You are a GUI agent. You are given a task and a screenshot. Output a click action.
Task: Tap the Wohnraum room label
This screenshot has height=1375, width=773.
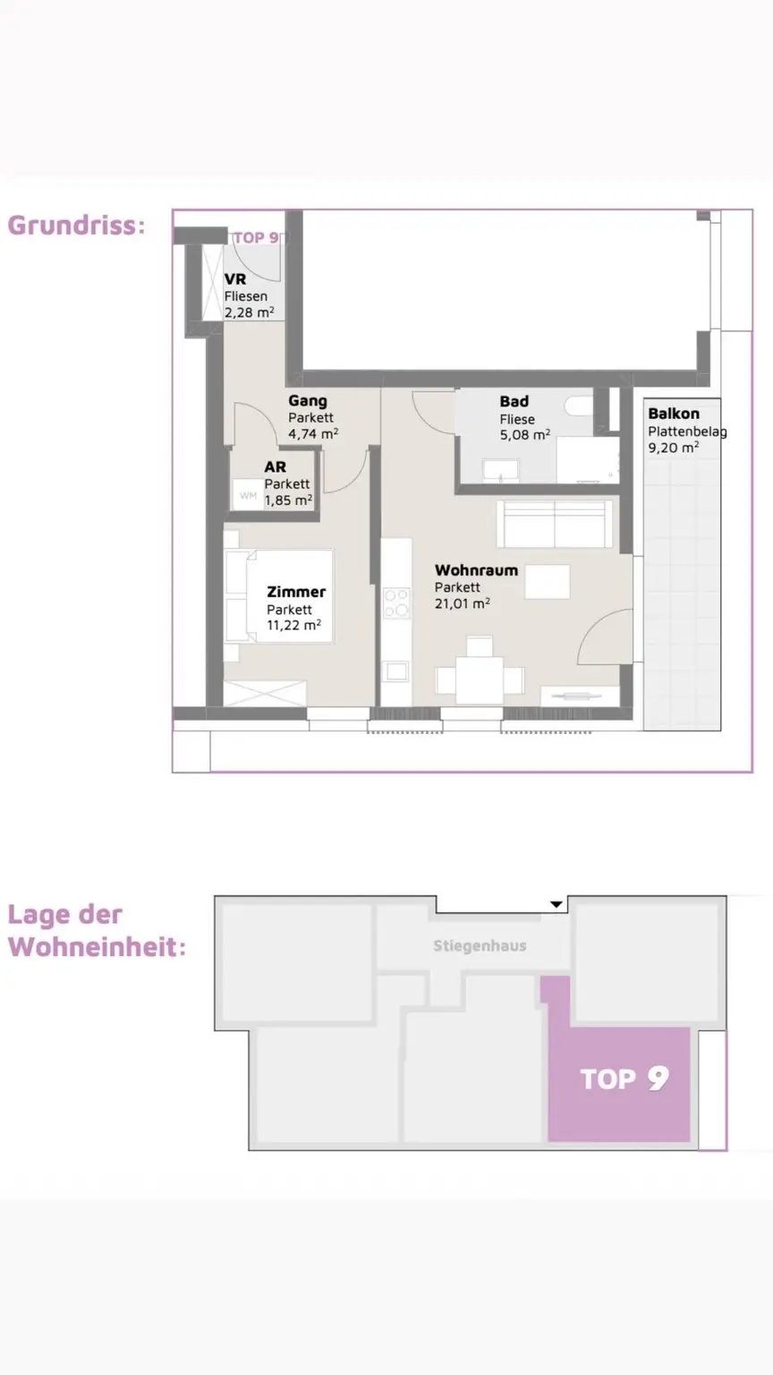pos(476,570)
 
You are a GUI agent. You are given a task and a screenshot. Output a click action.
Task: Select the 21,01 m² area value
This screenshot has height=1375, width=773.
pos(462,603)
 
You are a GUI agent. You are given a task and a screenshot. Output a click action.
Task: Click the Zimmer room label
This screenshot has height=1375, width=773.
pos(296,592)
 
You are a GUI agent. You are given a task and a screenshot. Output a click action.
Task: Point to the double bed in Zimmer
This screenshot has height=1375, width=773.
pos(280,595)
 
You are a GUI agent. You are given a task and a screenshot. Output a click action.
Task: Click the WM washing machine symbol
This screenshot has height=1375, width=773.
pos(248,495)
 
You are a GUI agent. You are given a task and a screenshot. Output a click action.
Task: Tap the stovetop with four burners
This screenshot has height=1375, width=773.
pos(396,602)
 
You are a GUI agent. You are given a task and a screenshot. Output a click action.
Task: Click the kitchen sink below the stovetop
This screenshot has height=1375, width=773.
pos(396,670)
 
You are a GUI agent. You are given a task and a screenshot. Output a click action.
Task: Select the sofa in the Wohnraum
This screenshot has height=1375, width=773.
pos(555,524)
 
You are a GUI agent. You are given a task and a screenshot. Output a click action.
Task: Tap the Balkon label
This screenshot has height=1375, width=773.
pos(674,414)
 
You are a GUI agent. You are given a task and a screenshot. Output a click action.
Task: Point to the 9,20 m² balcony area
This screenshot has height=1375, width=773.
pos(674,448)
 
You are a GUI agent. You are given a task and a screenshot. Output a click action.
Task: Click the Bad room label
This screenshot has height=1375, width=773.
pos(514,401)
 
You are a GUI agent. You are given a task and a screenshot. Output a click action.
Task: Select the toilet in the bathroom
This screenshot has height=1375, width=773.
pos(580,406)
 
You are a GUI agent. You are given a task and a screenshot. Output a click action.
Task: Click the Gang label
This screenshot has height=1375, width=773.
pos(308,401)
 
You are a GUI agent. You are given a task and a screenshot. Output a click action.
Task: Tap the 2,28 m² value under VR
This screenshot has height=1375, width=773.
pos(249,312)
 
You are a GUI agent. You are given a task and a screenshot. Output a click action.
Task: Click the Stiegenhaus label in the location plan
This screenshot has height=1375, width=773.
pos(480,946)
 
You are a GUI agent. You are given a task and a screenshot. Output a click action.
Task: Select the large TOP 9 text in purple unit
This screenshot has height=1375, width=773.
pos(624,1079)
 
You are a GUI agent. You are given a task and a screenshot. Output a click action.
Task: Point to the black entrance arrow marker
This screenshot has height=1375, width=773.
pos(556,904)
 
